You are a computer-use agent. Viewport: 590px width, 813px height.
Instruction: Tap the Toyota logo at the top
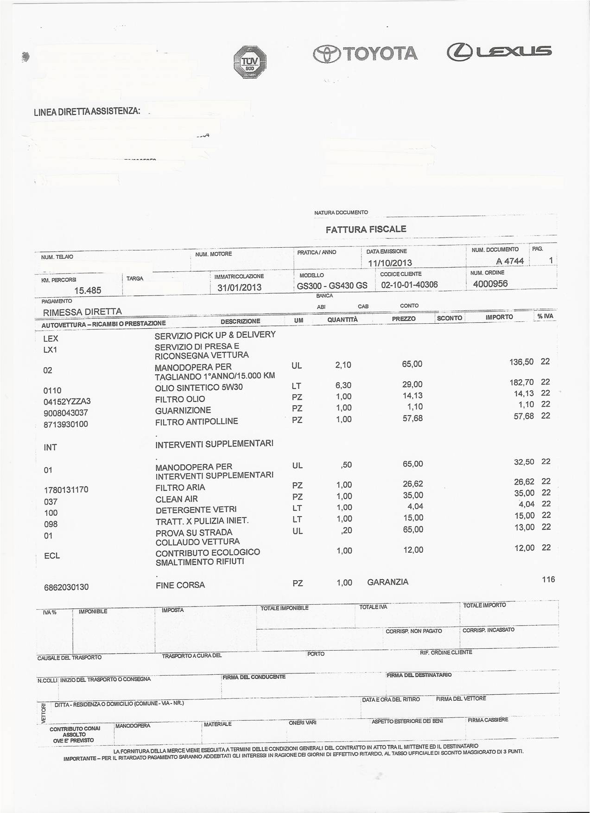point(365,54)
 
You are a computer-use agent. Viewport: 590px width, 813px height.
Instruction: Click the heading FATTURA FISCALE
point(366,229)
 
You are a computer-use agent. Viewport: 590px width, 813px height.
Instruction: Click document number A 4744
point(509,261)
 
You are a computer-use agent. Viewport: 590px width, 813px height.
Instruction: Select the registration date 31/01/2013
point(239,287)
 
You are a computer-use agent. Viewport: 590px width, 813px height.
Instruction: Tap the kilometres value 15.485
point(88,290)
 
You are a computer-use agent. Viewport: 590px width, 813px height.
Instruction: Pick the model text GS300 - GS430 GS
point(332,285)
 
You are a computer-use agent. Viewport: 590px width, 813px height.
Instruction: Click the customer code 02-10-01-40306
point(409,285)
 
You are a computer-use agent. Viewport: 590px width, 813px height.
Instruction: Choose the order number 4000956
point(490,283)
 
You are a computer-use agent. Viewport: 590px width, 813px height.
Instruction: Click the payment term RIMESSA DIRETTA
point(82,311)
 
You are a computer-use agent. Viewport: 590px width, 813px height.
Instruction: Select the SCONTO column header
point(449,318)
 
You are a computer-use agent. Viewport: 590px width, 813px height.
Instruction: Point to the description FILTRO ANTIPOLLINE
point(197,422)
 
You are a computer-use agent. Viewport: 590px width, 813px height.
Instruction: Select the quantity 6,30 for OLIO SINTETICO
point(343,385)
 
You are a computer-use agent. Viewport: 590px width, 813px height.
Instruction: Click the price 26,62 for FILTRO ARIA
point(413,484)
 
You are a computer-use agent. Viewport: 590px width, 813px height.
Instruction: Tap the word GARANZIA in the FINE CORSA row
point(387,582)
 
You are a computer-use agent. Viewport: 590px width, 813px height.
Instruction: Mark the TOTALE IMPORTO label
point(484,605)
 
